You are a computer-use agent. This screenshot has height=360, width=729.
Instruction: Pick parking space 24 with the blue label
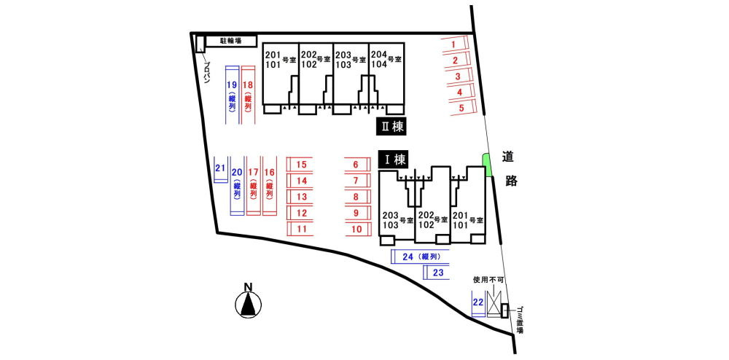(420, 257)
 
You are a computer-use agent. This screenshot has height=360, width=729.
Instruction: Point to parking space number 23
(437, 273)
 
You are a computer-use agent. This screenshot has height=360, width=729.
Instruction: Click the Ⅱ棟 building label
(390, 126)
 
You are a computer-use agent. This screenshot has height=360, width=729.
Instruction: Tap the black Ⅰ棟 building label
(394, 159)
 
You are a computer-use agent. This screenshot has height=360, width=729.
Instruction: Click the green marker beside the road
(488, 165)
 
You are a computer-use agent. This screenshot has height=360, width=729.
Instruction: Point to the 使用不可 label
(488, 279)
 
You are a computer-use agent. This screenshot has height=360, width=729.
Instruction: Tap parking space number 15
(301, 165)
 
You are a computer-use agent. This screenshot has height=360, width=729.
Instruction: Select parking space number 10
(357, 229)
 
